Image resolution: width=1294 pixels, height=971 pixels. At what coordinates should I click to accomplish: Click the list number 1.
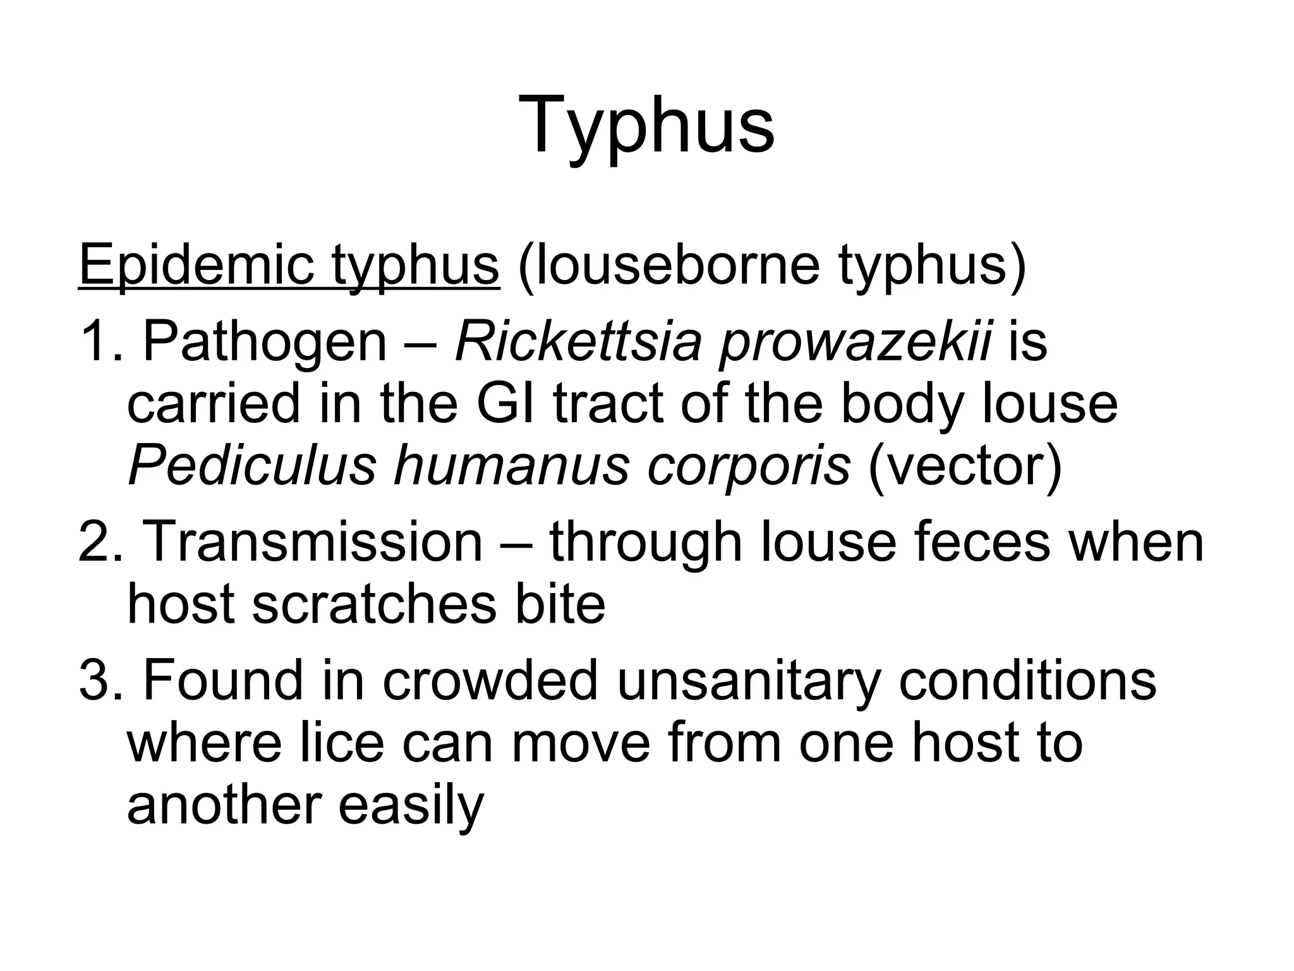coord(95,342)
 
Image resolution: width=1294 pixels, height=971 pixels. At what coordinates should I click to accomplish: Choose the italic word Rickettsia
coord(578,342)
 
